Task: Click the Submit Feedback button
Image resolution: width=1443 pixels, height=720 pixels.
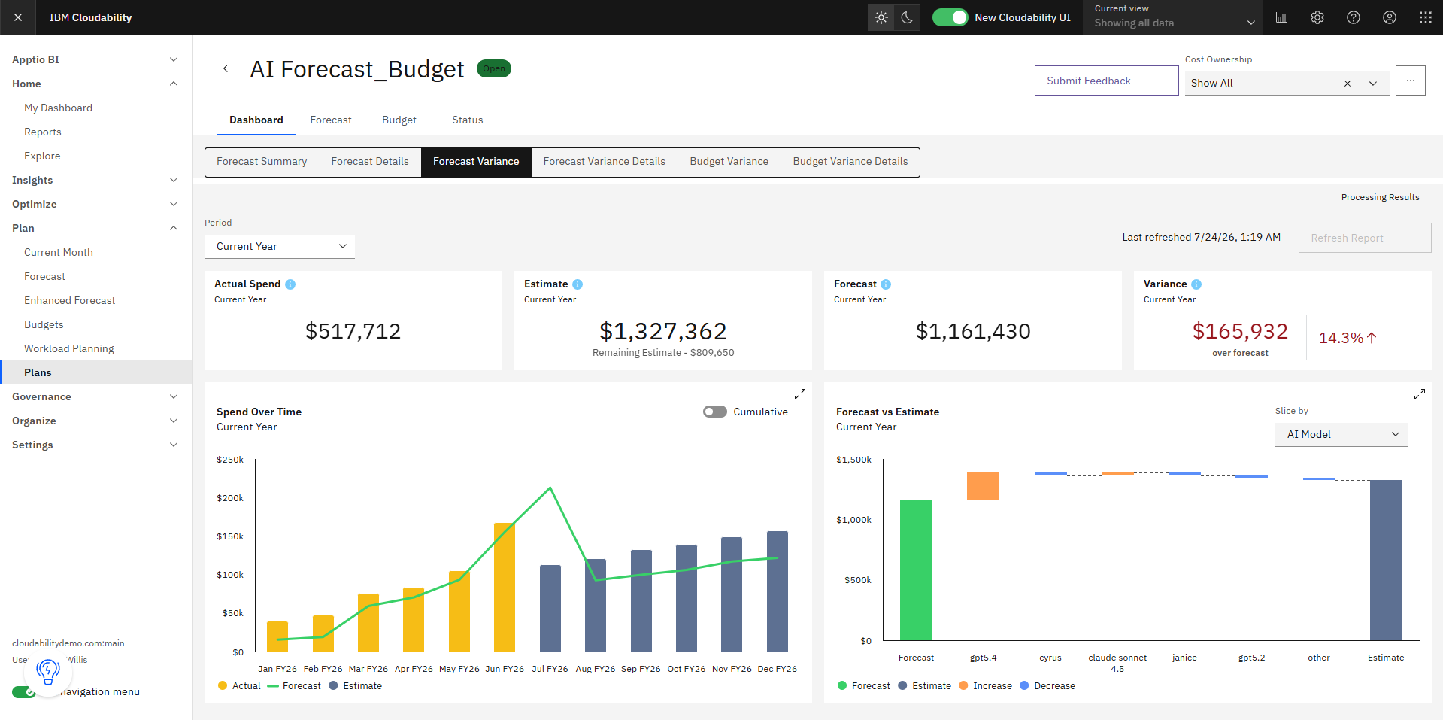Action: pyautogui.click(x=1106, y=81)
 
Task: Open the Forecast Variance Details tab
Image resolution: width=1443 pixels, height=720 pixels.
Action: pyautogui.click(x=604, y=162)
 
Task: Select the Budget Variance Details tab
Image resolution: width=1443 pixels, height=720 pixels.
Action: pyautogui.click(x=850, y=162)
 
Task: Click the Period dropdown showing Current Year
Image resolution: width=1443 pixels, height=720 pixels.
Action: pyautogui.click(x=280, y=246)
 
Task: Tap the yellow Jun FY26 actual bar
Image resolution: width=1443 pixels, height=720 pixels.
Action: pyautogui.click(x=505, y=587)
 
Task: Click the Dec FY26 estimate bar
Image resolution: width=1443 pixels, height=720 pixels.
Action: pyautogui.click(x=778, y=591)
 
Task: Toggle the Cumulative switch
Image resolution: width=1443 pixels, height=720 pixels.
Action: pyautogui.click(x=715, y=412)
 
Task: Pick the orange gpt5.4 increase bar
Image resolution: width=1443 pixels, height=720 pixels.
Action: pyautogui.click(x=983, y=485)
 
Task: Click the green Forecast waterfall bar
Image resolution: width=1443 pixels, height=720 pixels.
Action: pyautogui.click(x=916, y=570)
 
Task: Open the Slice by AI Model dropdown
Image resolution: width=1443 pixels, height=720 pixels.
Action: pyautogui.click(x=1341, y=434)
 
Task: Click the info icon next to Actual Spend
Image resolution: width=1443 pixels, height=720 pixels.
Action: pyautogui.click(x=290, y=284)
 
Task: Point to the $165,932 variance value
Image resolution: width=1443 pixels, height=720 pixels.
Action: pyautogui.click(x=1240, y=331)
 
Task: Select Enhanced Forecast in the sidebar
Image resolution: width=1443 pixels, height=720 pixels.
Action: pyautogui.click(x=70, y=300)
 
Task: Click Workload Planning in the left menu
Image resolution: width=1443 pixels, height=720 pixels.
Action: pyautogui.click(x=69, y=348)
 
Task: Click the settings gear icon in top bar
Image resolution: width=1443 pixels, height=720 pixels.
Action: pyautogui.click(x=1317, y=17)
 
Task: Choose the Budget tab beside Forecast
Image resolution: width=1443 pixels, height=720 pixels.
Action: pyautogui.click(x=399, y=120)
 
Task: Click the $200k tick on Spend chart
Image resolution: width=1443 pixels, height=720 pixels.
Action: pyautogui.click(x=230, y=498)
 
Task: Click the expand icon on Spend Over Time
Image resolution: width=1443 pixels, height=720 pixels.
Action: pyautogui.click(x=800, y=394)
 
